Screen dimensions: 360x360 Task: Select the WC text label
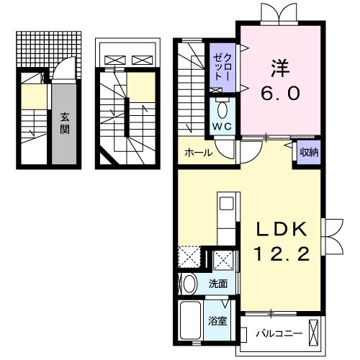pyautogui.click(x=221, y=129)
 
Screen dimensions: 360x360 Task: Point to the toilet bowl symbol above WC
pyautogui.click(x=221, y=110)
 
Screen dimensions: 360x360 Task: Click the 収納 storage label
pyautogui.click(x=310, y=152)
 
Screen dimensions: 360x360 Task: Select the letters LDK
pyautogui.click(x=283, y=230)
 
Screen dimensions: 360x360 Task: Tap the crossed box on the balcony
pyautogui.click(x=315, y=331)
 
